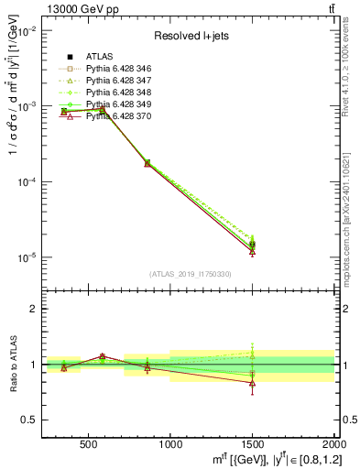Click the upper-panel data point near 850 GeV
[x=147, y=163]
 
